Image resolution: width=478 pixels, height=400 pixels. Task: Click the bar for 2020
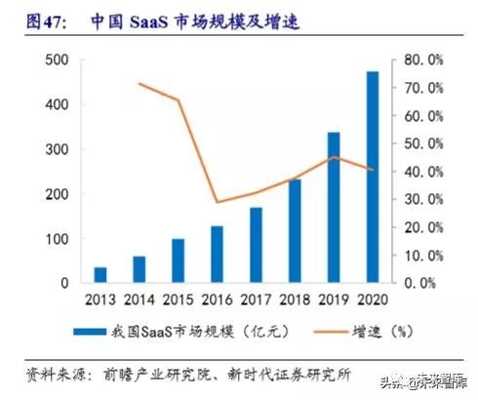click(x=373, y=177)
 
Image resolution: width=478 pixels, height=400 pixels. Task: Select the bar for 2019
click(x=334, y=208)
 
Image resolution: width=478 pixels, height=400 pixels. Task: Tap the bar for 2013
click(x=100, y=274)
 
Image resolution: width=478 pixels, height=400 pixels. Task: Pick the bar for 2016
click(x=217, y=255)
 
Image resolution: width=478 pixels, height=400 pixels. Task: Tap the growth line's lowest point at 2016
click(x=217, y=202)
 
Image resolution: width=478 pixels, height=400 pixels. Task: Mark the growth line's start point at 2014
click(x=139, y=84)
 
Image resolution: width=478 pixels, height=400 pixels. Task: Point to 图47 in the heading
click(x=26, y=19)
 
